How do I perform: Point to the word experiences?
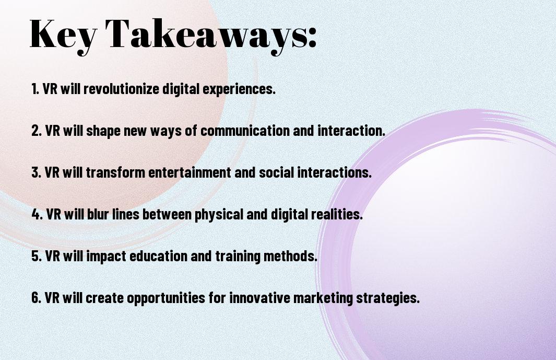239,89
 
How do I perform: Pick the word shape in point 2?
103,131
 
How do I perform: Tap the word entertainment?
190,172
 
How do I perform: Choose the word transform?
115,172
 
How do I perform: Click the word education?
158,256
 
